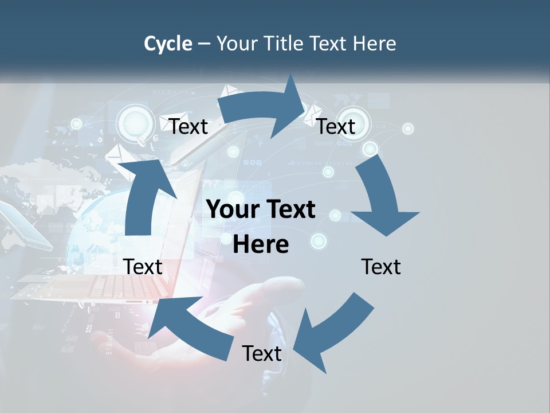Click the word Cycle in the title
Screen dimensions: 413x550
coord(168,44)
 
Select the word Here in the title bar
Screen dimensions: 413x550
coord(374,44)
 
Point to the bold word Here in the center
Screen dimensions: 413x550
coord(261,244)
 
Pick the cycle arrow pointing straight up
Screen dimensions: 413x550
coord(144,195)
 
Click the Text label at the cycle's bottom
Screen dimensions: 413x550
coord(262,353)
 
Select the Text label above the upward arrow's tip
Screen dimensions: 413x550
coord(188,126)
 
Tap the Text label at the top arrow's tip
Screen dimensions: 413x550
coord(336,126)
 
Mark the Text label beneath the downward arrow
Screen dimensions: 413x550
coord(381,267)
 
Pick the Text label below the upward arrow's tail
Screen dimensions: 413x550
coord(143,267)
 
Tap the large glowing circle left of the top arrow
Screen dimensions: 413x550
coord(135,122)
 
